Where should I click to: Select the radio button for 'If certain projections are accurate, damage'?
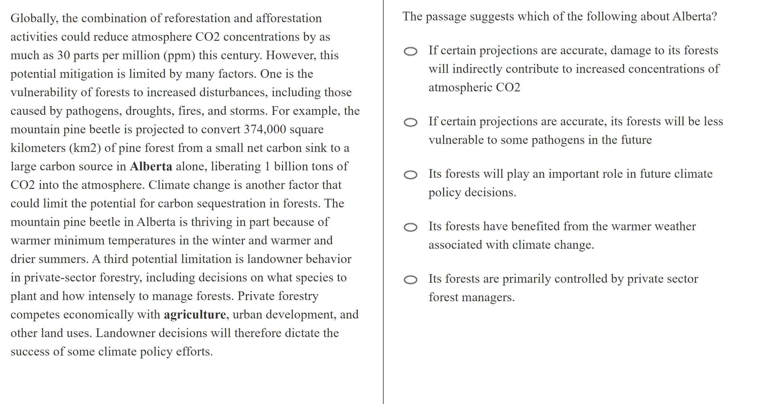[x=410, y=51]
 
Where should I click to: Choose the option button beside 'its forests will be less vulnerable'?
[x=410, y=123]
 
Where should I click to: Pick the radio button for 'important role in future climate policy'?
[x=410, y=175]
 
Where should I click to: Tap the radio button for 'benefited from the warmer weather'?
[x=410, y=227]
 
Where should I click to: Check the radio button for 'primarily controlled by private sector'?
[x=410, y=280]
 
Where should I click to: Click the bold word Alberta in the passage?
[x=151, y=166]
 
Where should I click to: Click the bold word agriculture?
[x=195, y=314]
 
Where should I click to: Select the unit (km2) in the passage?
[x=85, y=148]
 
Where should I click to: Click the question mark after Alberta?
[x=714, y=16]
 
